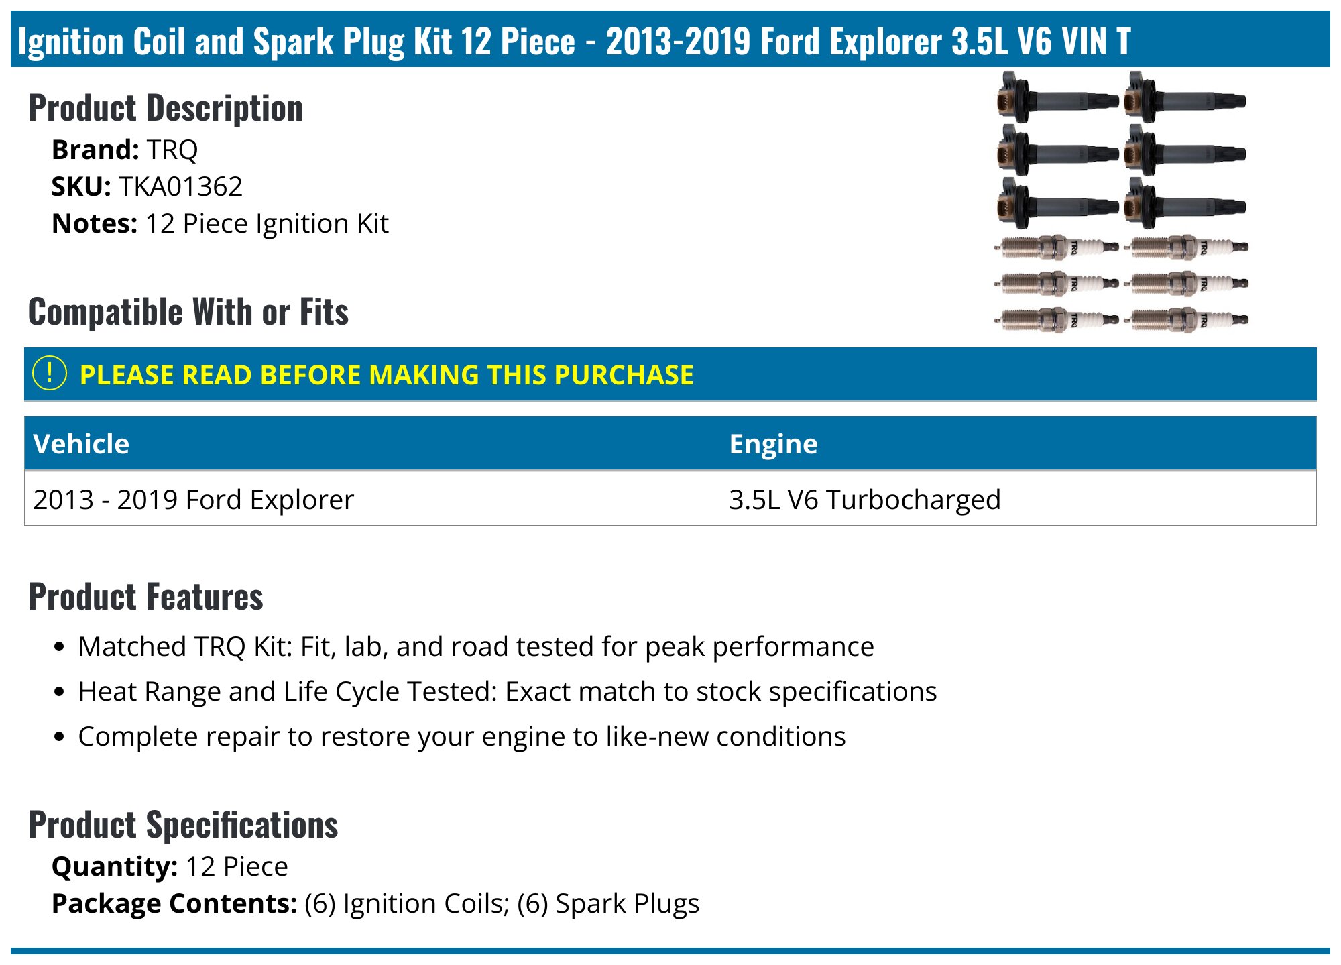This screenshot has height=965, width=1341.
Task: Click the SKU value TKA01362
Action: (x=180, y=187)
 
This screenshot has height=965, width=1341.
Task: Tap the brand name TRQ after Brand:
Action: (x=172, y=150)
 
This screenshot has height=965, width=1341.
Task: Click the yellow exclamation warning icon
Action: (x=50, y=374)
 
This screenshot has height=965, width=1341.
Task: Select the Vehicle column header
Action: (x=81, y=444)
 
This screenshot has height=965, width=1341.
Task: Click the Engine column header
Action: (x=773, y=444)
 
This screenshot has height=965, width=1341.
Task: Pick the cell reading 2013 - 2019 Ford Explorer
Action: (x=193, y=500)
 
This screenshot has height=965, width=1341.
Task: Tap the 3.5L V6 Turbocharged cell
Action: (x=864, y=500)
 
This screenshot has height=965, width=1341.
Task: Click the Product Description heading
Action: (x=166, y=109)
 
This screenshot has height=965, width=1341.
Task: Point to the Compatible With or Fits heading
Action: (x=188, y=312)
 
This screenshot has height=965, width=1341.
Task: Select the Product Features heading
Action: (x=145, y=597)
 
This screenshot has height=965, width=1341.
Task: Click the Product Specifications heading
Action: (x=183, y=825)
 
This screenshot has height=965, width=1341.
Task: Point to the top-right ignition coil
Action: (x=1183, y=100)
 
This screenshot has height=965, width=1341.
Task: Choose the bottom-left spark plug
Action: (x=1056, y=320)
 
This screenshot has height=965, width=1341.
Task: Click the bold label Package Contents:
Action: (x=174, y=903)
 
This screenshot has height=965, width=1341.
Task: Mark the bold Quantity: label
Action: (x=114, y=866)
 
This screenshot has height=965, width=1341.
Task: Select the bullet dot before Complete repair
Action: (x=60, y=736)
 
